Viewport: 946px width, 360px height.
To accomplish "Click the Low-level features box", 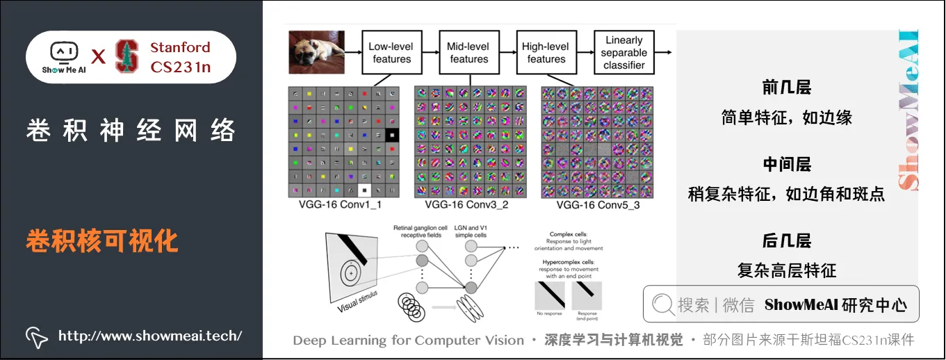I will [391, 53].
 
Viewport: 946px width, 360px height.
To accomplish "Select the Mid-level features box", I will [469, 53].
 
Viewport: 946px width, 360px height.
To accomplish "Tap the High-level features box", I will [546, 53].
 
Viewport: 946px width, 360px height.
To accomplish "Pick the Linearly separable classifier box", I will [623, 53].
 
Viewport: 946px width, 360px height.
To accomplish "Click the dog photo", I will [317, 53].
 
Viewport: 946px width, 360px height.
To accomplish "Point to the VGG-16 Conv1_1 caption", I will [340, 205].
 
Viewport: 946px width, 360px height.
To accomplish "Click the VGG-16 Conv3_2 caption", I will [466, 205].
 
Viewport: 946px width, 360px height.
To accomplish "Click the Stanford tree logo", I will [127, 57].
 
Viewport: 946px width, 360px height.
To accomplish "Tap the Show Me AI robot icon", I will [63, 53].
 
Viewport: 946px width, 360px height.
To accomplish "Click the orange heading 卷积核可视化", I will [102, 241].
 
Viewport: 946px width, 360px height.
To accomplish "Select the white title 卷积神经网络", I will [131, 131].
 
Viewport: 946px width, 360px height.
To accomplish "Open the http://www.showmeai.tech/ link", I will [150, 336].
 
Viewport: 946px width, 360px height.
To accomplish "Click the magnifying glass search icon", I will [663, 304].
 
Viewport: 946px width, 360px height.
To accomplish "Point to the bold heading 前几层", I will [787, 88].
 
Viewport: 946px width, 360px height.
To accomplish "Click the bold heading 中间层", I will [787, 165].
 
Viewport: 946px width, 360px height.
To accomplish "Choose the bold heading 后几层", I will [787, 241].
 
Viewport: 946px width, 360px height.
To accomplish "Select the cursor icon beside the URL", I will [37, 336].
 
